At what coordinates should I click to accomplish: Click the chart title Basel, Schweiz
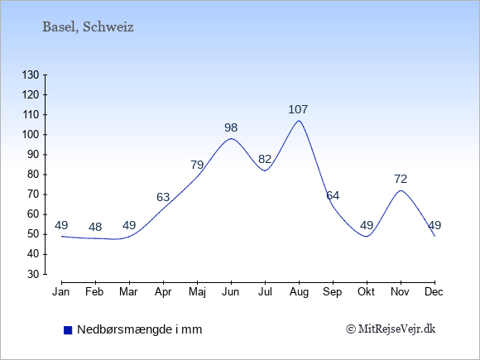(88, 27)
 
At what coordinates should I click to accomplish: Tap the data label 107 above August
(298, 109)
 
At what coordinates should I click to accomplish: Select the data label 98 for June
(231, 127)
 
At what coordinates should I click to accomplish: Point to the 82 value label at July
(265, 159)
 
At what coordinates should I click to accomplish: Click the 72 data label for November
(401, 179)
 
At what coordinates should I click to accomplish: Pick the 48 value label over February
(95, 227)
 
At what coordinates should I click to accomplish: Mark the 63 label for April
(163, 197)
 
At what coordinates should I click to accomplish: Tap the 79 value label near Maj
(197, 165)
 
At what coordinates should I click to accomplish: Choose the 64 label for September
(333, 195)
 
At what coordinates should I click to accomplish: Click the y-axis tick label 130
(31, 74)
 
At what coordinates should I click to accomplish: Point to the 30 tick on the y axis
(33, 274)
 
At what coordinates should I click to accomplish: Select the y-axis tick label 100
(31, 135)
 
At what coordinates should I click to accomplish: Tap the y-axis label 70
(33, 194)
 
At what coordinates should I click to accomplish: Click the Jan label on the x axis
(61, 292)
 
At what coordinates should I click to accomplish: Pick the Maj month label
(197, 292)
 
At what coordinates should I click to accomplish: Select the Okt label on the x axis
(367, 292)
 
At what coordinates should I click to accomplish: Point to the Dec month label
(434, 292)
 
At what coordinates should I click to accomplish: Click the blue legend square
(68, 330)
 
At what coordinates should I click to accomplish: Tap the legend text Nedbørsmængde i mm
(140, 329)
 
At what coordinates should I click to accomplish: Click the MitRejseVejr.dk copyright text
(391, 329)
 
